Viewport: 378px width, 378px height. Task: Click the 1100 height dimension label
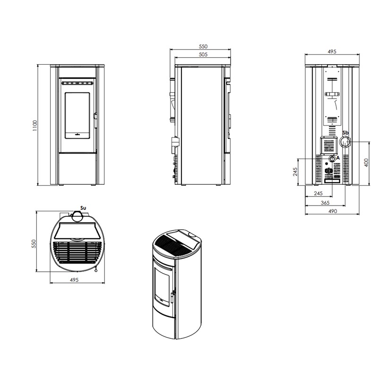[x=35, y=125]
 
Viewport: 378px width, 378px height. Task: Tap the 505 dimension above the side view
[x=203, y=54]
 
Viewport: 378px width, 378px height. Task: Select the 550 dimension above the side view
[x=203, y=46]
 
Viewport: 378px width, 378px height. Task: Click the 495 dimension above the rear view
[x=332, y=52]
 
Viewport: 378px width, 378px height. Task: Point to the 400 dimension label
[x=366, y=163]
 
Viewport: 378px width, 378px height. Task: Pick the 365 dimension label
[x=325, y=203]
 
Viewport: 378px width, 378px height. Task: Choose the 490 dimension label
[x=333, y=211]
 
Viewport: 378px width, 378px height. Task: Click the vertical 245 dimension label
[x=295, y=172]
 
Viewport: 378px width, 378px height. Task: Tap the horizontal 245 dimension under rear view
[x=318, y=193]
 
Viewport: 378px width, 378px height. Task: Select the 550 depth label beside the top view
[x=34, y=243]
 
